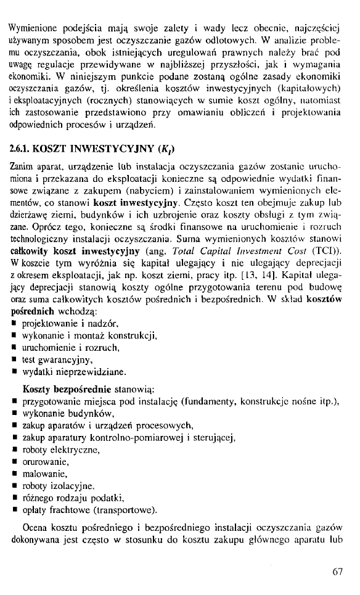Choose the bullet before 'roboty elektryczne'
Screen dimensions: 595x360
point(14,449)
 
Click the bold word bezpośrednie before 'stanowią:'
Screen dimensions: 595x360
point(81,390)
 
